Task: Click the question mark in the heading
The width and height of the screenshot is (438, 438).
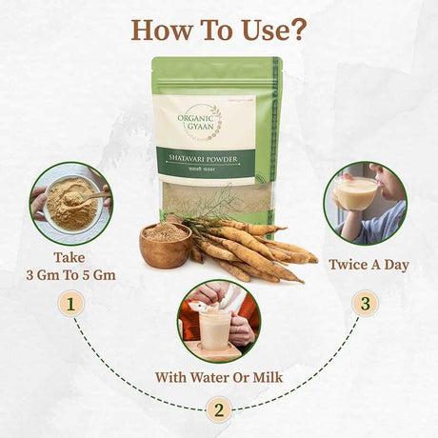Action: pyautogui.click(x=297, y=29)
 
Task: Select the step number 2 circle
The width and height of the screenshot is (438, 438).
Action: pyautogui.click(x=219, y=410)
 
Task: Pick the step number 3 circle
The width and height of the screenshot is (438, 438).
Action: pyautogui.click(x=364, y=304)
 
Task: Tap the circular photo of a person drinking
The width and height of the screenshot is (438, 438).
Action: pyautogui.click(x=365, y=203)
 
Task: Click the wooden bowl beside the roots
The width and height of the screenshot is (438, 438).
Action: pyautogui.click(x=164, y=247)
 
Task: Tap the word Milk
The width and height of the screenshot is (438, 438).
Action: pyautogui.click(x=262, y=376)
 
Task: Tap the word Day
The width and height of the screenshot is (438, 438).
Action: pyautogui.click(x=394, y=264)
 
